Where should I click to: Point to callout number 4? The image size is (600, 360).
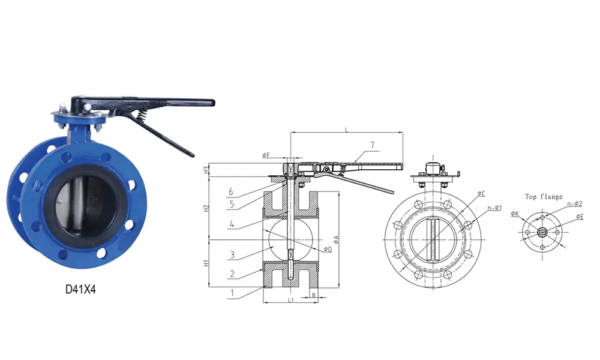[232, 226]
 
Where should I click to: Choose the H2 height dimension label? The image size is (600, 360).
[206, 208]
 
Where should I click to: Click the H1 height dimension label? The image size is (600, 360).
[206, 263]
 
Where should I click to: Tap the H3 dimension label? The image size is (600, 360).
[206, 170]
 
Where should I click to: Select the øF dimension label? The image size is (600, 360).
[266, 155]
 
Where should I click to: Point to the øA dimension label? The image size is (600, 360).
[337, 239]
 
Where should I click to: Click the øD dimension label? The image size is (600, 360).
[327, 249]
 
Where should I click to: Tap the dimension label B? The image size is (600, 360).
[313, 295]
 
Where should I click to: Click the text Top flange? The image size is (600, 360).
[544, 196]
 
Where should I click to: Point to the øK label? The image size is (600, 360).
[515, 213]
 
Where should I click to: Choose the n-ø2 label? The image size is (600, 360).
[574, 205]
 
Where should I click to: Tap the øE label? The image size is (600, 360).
[579, 216]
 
